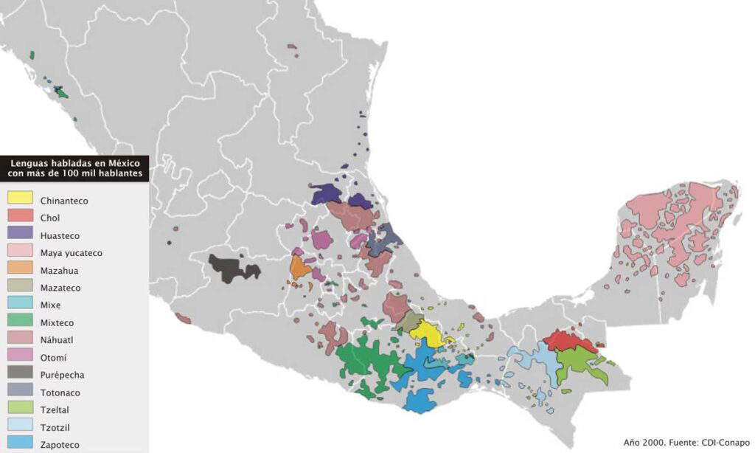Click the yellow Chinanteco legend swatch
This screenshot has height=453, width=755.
point(19,198)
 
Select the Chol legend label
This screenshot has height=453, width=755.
point(50,218)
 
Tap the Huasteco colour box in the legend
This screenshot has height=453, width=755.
point(19,235)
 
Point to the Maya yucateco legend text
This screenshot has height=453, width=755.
point(71,253)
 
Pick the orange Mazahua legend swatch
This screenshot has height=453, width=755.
point(19,269)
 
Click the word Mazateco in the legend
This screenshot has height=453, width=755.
point(60,288)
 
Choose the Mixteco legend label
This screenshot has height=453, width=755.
point(57,322)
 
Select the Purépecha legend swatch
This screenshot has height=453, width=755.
point(19,374)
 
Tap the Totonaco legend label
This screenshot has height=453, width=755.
point(60,393)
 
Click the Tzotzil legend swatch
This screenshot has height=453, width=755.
point(19,426)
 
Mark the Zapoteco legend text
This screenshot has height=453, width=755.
point(60,445)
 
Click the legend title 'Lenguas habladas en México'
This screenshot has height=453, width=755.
point(74,163)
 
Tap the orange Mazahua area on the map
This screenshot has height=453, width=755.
point(299,268)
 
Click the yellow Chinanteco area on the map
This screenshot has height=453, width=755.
point(427,333)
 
